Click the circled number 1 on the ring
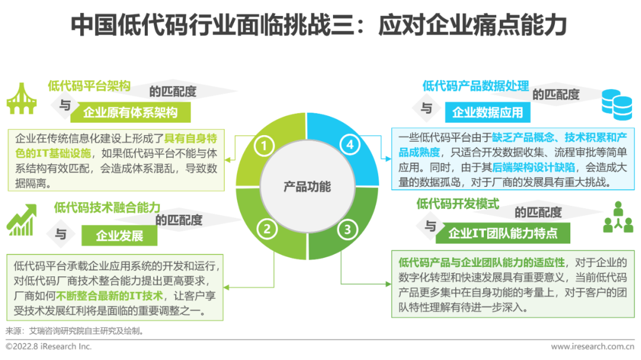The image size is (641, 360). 265,145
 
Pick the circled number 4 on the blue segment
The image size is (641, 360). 351,145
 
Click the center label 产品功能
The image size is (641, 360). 307,187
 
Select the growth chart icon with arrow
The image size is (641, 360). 22,220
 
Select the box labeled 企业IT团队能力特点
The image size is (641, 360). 503,233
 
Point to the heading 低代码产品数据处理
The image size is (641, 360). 475,85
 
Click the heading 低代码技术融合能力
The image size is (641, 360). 107,208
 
